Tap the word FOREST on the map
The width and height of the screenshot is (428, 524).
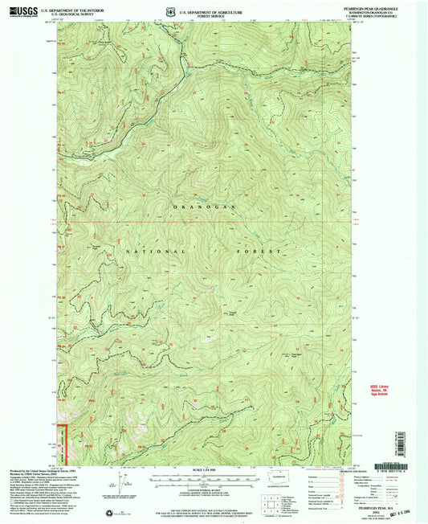268,252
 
